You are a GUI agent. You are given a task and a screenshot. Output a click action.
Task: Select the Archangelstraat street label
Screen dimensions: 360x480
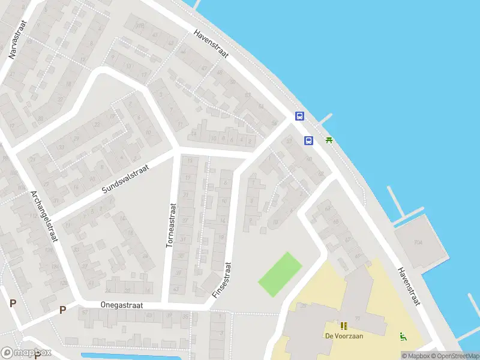(x=44, y=216)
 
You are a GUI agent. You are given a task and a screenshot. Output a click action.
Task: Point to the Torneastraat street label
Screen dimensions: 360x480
(x=171, y=225)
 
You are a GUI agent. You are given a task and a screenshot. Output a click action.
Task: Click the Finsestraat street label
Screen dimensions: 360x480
(x=221, y=280)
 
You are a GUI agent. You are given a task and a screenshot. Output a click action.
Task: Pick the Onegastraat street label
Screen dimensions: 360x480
(x=122, y=305)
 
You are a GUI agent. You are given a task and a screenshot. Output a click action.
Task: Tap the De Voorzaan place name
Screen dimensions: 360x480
(x=344, y=336)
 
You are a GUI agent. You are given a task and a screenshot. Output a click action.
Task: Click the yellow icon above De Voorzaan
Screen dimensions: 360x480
(x=344, y=326)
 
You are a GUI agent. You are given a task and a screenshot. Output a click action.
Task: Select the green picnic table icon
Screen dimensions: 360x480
(x=329, y=140)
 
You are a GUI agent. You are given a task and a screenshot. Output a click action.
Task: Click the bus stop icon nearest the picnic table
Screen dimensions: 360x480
(x=308, y=141)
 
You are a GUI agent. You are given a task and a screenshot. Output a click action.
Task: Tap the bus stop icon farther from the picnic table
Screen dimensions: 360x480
(x=299, y=116)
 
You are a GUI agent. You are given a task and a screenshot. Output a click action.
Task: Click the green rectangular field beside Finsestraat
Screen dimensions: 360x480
(x=280, y=274)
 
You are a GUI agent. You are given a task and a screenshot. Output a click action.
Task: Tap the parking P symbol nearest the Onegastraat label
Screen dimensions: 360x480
(x=62, y=310)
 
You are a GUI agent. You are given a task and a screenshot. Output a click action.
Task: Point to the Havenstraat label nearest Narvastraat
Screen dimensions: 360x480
(x=211, y=44)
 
